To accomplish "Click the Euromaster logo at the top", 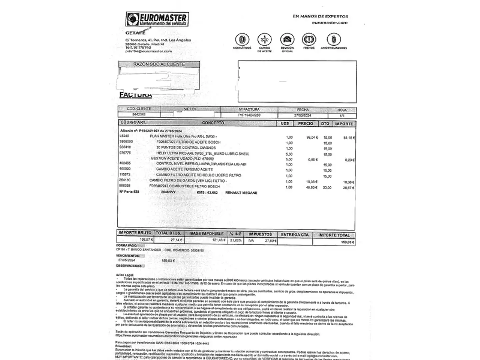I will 157,19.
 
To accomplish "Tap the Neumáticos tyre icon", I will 242,40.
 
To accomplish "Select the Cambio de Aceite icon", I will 264,40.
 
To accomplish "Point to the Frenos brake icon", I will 309,40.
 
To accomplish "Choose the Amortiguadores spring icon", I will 334,40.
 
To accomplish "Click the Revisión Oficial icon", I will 287,40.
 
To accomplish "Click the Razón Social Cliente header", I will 159,64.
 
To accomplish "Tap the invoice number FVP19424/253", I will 249,115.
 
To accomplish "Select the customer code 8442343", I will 139,114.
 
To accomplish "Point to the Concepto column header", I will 213,123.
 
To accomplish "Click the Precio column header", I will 305,123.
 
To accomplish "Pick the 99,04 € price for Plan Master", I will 312,137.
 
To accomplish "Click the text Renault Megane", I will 241,193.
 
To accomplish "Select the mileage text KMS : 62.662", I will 207,193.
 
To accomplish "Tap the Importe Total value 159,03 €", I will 347,242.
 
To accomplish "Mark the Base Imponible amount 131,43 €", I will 219,240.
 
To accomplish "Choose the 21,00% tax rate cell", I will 236,240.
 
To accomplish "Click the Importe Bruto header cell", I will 135,233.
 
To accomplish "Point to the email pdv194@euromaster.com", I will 149,51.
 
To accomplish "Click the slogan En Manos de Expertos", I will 320,16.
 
